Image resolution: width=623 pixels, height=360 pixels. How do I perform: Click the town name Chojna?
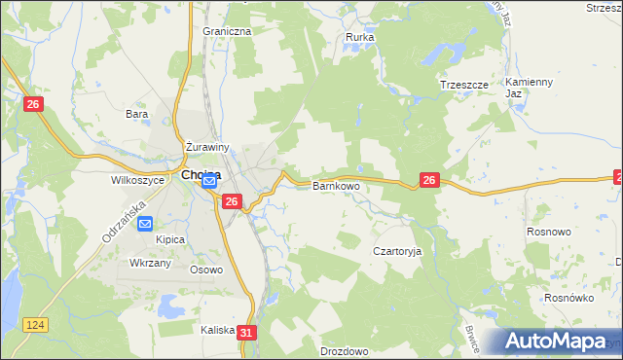pyautogui.click(x=201, y=175)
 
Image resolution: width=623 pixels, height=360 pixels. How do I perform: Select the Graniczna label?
pyautogui.click(x=227, y=31)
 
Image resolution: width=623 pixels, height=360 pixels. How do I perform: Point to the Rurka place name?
pyautogui.click(x=360, y=38)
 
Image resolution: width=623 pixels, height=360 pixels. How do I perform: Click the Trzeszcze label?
pyautogui.click(x=463, y=85)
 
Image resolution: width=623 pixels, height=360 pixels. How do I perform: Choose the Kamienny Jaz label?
pyautogui.click(x=530, y=88)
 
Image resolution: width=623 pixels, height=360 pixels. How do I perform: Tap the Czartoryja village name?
pyautogui.click(x=398, y=251)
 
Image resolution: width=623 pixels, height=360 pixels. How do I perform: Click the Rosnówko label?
pyautogui.click(x=568, y=299)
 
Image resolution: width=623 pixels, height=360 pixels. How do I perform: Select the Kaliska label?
pyautogui.click(x=218, y=330)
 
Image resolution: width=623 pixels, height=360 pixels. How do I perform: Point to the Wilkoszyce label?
pyautogui.click(x=133, y=180)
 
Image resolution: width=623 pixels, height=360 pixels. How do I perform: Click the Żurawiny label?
pyautogui.click(x=206, y=148)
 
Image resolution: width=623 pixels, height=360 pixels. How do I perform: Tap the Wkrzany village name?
pyautogui.click(x=151, y=264)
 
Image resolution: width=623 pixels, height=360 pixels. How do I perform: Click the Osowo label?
pyautogui.click(x=206, y=270)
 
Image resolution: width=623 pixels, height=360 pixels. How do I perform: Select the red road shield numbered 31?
pyautogui.click(x=247, y=333)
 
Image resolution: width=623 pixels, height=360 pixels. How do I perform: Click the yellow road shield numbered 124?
pyautogui.click(x=37, y=323)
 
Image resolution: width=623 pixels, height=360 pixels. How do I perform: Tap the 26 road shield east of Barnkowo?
pyautogui.click(x=430, y=180)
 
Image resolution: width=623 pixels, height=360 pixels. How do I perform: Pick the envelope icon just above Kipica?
pyautogui.click(x=145, y=224)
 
